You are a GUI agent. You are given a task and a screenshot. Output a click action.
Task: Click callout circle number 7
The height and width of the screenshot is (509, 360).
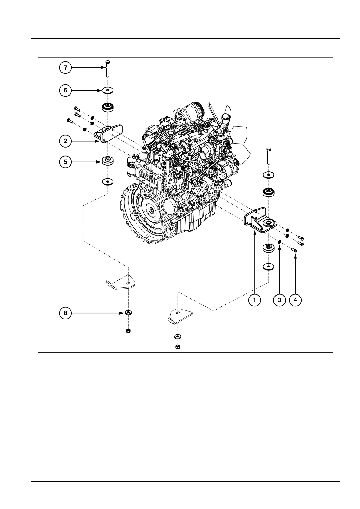pos(65,67)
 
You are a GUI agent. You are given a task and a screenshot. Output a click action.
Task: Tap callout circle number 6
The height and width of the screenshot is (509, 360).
pos(65,90)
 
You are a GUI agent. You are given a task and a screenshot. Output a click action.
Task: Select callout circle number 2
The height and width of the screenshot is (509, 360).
pos(65,141)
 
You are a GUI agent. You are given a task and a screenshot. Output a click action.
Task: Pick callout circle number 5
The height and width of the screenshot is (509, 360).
pos(65,162)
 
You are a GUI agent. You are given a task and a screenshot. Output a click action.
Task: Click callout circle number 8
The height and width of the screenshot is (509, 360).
pos(65,313)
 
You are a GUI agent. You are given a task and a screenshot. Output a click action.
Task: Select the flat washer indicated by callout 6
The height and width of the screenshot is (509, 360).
pos(107,90)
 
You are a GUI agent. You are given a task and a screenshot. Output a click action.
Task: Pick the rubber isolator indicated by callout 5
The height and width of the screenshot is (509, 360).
pos(107,160)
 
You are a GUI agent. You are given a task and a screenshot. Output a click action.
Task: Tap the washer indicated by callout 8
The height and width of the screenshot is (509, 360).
pos(128,312)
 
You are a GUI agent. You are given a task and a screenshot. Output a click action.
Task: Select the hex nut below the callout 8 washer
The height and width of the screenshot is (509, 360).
pos(128,331)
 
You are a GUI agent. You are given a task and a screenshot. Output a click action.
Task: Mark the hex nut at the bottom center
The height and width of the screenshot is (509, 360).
pos(178,346)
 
